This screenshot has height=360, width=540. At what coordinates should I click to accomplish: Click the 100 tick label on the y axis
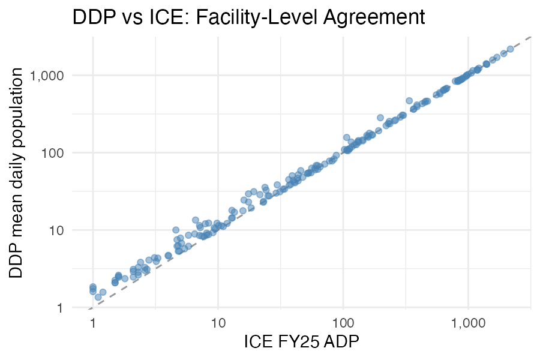point(71,153)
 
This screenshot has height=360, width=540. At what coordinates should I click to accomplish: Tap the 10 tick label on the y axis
point(74,230)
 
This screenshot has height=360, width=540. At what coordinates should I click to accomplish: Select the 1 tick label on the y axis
point(77,308)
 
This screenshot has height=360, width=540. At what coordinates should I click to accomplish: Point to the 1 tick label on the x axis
point(93,323)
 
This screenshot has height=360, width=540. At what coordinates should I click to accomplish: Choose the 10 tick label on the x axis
point(218,323)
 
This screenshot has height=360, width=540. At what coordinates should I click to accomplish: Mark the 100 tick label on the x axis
point(343,323)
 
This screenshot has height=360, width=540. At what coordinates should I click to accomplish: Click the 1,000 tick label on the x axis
point(469,323)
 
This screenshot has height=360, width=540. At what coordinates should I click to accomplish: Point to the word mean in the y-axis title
point(17,221)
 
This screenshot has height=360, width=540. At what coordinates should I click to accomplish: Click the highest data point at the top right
point(510,49)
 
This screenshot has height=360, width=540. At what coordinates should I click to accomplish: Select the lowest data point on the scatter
point(98,297)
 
